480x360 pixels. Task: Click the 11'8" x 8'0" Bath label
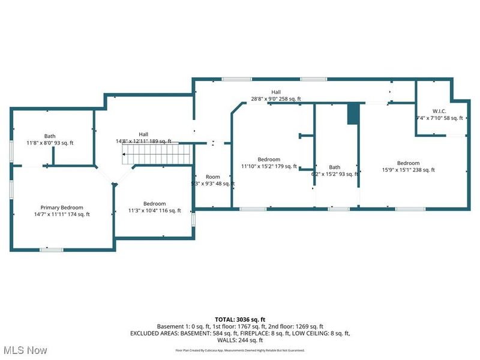pyautogui.click(x=49, y=139)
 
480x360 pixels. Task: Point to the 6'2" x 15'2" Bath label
pyautogui.click(x=335, y=170)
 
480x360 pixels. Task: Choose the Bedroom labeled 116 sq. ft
pyautogui.click(x=155, y=207)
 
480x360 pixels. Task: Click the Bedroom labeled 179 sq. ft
pyautogui.click(x=269, y=163)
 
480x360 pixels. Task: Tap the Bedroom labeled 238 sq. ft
pyautogui.click(x=408, y=166)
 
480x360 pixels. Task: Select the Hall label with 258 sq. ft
pyautogui.click(x=276, y=95)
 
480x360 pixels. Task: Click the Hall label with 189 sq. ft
pyautogui.click(x=143, y=138)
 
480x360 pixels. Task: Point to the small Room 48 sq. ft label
pyautogui.click(x=213, y=180)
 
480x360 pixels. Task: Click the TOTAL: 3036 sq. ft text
pyautogui.click(x=240, y=319)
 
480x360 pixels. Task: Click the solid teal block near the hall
pyautogui.click(x=353, y=114)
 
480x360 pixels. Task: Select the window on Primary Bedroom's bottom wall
pyautogui.click(x=52, y=249)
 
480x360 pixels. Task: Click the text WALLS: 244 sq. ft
pyautogui.click(x=240, y=340)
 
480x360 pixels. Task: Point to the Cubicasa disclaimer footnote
pyautogui.click(x=240, y=350)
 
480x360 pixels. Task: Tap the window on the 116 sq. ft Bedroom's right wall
pyautogui.click(x=193, y=220)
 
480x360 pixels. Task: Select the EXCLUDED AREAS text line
pyautogui.click(x=240, y=332)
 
